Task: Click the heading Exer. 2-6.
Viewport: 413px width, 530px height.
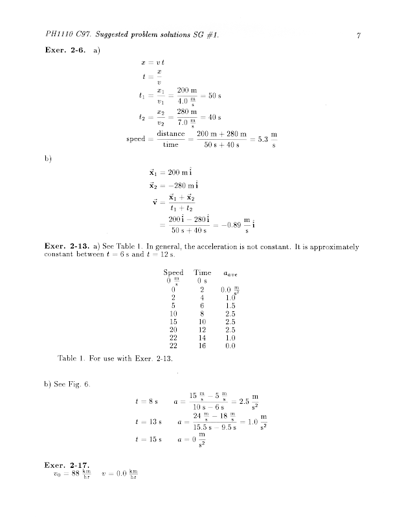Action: click(x=67, y=50)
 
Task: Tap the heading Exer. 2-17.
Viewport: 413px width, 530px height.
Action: click(x=67, y=465)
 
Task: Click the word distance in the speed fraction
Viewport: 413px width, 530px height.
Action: click(x=171, y=134)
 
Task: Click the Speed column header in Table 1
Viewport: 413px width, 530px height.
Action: click(x=173, y=272)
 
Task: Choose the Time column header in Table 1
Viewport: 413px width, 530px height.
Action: click(x=203, y=272)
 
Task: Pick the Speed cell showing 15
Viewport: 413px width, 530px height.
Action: click(x=173, y=321)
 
